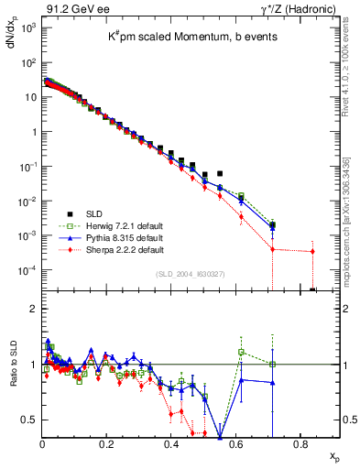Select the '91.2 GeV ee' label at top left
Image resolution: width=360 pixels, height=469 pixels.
67,8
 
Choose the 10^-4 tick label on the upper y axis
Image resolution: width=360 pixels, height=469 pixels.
28,269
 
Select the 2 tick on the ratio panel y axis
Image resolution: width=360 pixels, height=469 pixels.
33,309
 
